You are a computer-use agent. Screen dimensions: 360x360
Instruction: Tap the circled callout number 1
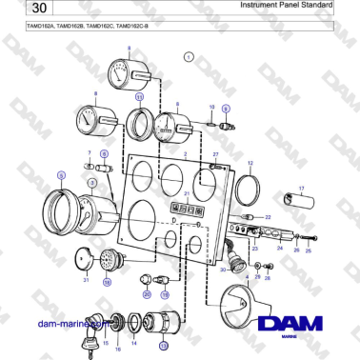[x=189, y=58]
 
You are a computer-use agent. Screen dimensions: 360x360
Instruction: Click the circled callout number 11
[x=140, y=97]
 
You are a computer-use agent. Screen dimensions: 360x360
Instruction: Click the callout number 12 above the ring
[x=250, y=163]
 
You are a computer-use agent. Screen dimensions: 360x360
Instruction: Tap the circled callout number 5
[x=61, y=175]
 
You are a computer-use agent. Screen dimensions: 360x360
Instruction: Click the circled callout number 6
[x=105, y=153]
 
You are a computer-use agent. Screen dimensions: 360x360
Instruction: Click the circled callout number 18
[x=107, y=283]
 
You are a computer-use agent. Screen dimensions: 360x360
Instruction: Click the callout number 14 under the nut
[x=133, y=342]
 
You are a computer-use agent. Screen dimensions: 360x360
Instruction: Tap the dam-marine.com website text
[x=68, y=325]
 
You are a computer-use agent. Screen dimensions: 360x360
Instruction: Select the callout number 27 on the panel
[x=216, y=153]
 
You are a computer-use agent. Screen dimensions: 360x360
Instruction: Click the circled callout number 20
[x=147, y=295]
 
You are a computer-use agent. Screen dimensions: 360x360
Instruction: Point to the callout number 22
[x=268, y=218]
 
